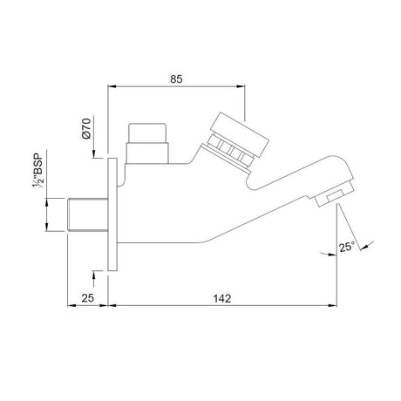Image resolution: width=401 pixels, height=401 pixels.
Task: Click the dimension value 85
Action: click(x=175, y=79)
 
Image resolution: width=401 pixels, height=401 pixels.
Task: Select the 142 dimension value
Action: click(x=221, y=298)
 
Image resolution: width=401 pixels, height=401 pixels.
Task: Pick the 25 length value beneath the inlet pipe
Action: click(x=87, y=298)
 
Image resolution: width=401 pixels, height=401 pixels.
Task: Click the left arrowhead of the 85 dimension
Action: click(x=111, y=88)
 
